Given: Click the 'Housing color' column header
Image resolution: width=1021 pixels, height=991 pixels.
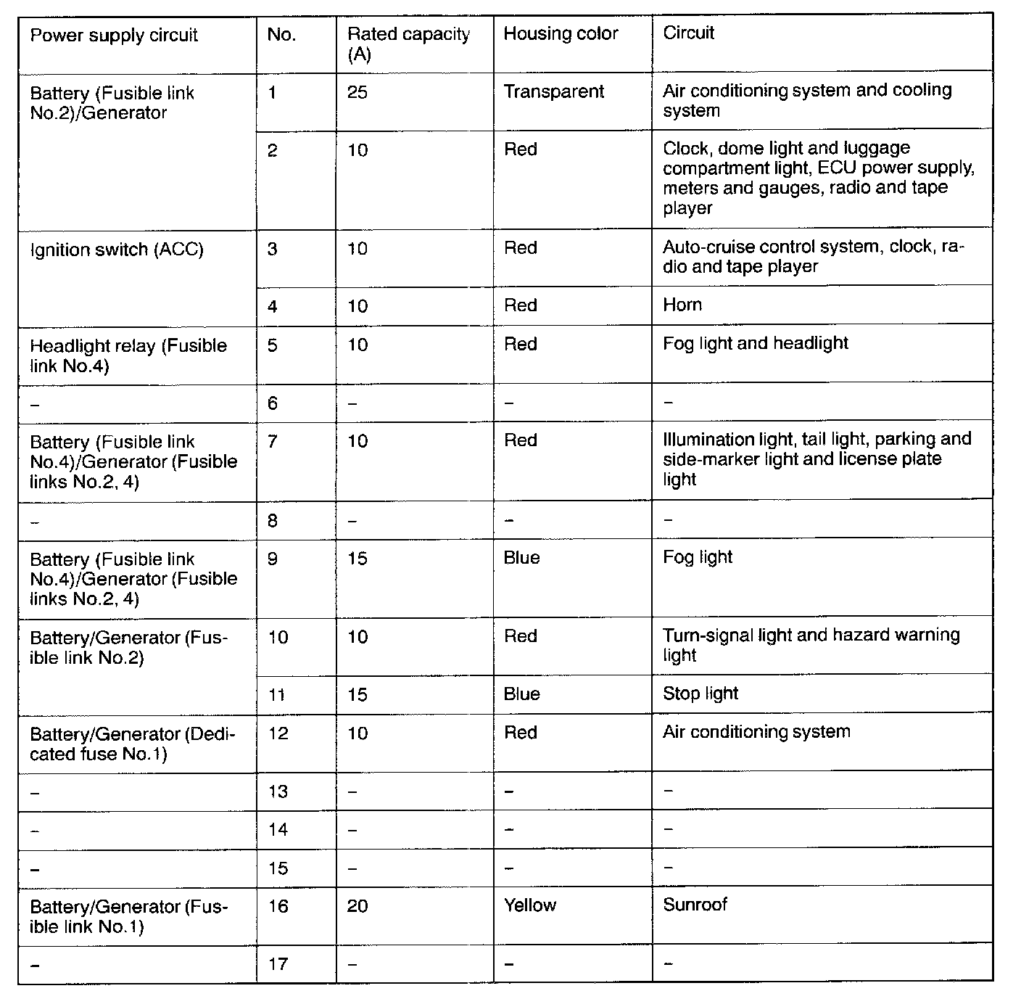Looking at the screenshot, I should (561, 33).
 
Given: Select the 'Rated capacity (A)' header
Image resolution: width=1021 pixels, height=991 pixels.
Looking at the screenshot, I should (408, 44).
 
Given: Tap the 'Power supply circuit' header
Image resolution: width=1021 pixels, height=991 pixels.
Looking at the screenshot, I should (114, 36).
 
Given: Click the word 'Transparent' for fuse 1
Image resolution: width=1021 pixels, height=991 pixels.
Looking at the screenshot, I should (553, 91).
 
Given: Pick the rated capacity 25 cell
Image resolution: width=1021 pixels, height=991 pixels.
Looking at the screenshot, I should (357, 93).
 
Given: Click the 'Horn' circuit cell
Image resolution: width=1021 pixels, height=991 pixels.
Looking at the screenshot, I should (682, 304).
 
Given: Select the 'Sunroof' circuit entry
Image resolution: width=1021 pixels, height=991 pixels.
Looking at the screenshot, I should (695, 905).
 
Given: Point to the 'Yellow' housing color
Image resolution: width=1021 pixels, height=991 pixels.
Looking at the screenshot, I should (530, 905).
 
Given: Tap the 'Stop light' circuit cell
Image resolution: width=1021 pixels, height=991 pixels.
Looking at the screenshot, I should (700, 694).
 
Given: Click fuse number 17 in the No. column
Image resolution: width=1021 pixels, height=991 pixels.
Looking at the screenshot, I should (278, 964).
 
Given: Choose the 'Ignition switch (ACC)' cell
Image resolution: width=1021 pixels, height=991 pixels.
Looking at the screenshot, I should (117, 250).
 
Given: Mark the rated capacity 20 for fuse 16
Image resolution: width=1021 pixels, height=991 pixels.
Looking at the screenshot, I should (357, 906).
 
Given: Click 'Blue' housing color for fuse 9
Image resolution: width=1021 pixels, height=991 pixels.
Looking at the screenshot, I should (521, 558).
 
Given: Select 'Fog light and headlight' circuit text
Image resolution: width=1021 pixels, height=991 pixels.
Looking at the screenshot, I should (756, 343).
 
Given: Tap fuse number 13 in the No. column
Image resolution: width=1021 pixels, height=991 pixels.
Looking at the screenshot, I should (278, 791).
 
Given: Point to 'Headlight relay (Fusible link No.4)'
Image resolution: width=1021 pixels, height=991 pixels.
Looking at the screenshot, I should (128, 355).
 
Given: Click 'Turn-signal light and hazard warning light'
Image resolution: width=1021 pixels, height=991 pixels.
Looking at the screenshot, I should (811, 645).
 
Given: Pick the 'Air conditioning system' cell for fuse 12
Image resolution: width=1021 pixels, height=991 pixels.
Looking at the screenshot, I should (756, 731).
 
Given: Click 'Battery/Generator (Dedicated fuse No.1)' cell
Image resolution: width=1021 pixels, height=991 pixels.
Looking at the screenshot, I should (133, 744).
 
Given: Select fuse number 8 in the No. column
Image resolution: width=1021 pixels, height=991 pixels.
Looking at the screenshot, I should (273, 520).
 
